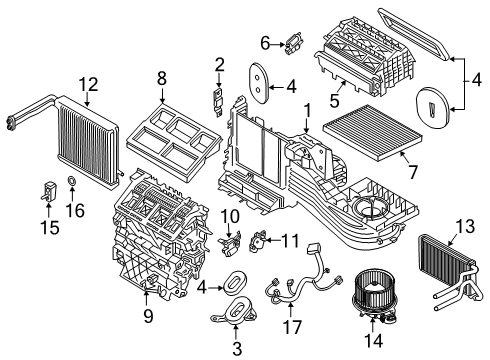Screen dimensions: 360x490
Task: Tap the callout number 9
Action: point(148,318)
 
